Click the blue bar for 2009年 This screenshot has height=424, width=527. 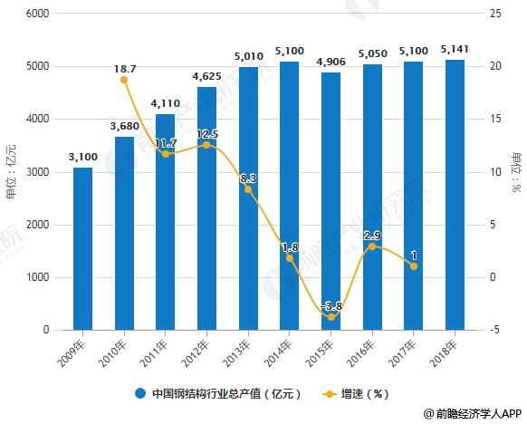point(82,249)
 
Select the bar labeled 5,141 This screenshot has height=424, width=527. point(455,195)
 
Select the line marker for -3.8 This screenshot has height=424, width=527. point(331,317)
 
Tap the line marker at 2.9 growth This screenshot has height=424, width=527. point(372,246)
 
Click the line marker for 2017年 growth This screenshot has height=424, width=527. point(413,266)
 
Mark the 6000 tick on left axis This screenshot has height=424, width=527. point(37,14)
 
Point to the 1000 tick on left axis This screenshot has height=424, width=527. point(37,278)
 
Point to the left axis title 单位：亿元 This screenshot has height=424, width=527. point(11,172)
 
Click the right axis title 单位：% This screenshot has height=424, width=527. point(516,172)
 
